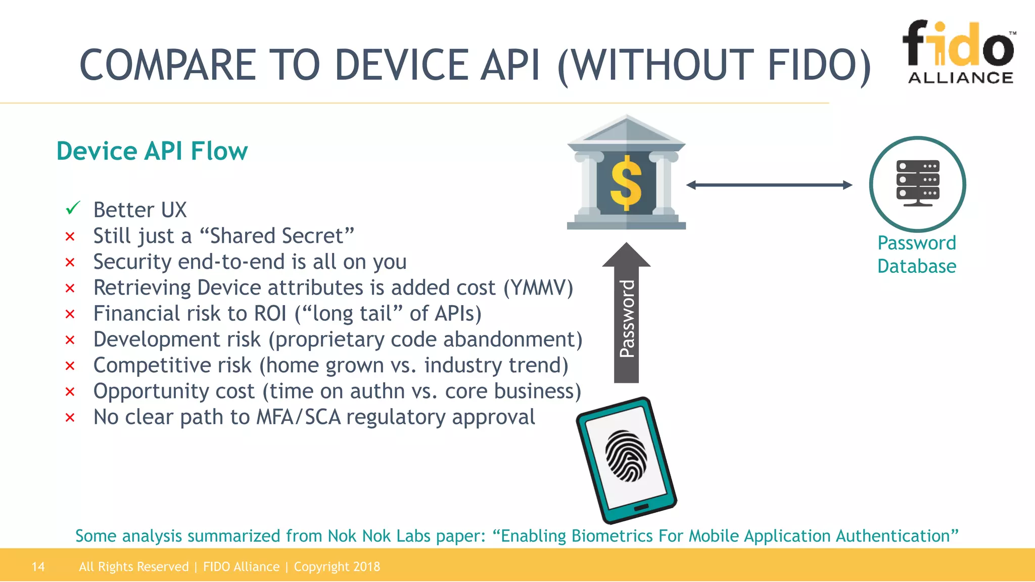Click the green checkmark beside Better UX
coord(73,208)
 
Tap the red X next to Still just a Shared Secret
coord(70,236)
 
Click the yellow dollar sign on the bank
coord(626,183)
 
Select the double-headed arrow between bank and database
coord(769,185)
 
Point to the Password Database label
coord(916,255)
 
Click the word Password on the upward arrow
coord(627,319)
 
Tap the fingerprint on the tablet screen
coord(627,456)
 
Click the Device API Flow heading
coord(152,151)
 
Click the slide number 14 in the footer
coord(38,567)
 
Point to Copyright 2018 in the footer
coord(337,567)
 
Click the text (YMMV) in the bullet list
coord(538,288)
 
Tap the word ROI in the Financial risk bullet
coord(270,314)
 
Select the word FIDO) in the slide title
coord(819,66)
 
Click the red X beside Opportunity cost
coord(70,392)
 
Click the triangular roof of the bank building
coord(626,130)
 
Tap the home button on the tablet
coord(641,507)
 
